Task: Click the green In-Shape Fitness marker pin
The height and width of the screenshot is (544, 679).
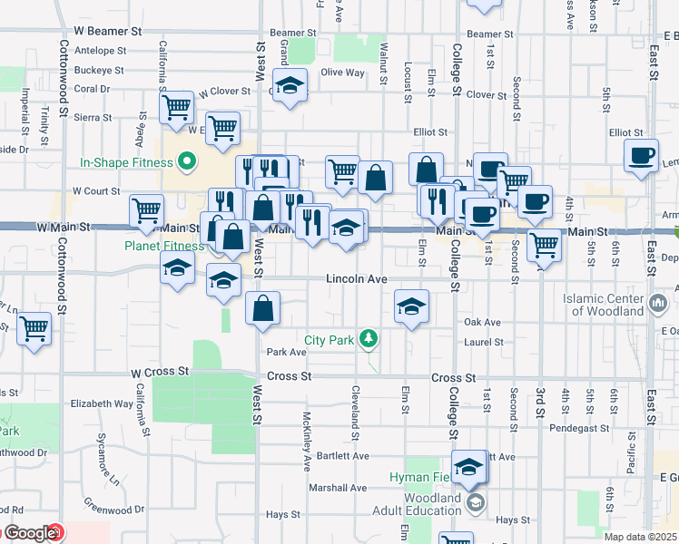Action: [x=188, y=163]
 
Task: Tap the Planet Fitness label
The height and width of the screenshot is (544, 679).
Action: [x=165, y=245]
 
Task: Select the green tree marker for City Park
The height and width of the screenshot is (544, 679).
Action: [x=369, y=340]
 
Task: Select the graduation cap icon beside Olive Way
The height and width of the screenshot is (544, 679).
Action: [x=290, y=85]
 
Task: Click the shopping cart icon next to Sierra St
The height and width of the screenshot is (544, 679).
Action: [x=176, y=106]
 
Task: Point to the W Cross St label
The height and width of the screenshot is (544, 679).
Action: [x=159, y=372]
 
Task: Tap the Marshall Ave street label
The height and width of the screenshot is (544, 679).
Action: [x=337, y=487]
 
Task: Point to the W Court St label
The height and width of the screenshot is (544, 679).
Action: [x=96, y=191]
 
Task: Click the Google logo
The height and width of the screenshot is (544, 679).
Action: [x=30, y=534]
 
